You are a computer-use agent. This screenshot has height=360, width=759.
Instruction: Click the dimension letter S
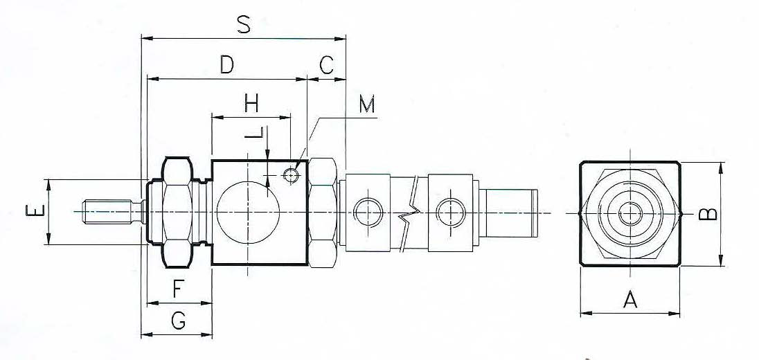point(244,25)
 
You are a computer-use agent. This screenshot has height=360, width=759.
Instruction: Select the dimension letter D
point(227,64)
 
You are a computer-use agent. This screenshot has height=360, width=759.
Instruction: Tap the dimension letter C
point(327,64)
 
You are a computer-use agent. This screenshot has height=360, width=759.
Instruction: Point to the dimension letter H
point(251,103)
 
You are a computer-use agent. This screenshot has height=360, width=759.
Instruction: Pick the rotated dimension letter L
point(253,133)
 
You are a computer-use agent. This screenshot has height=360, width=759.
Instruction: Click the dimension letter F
point(178,289)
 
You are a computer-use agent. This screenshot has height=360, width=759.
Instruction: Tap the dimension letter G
point(179,321)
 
